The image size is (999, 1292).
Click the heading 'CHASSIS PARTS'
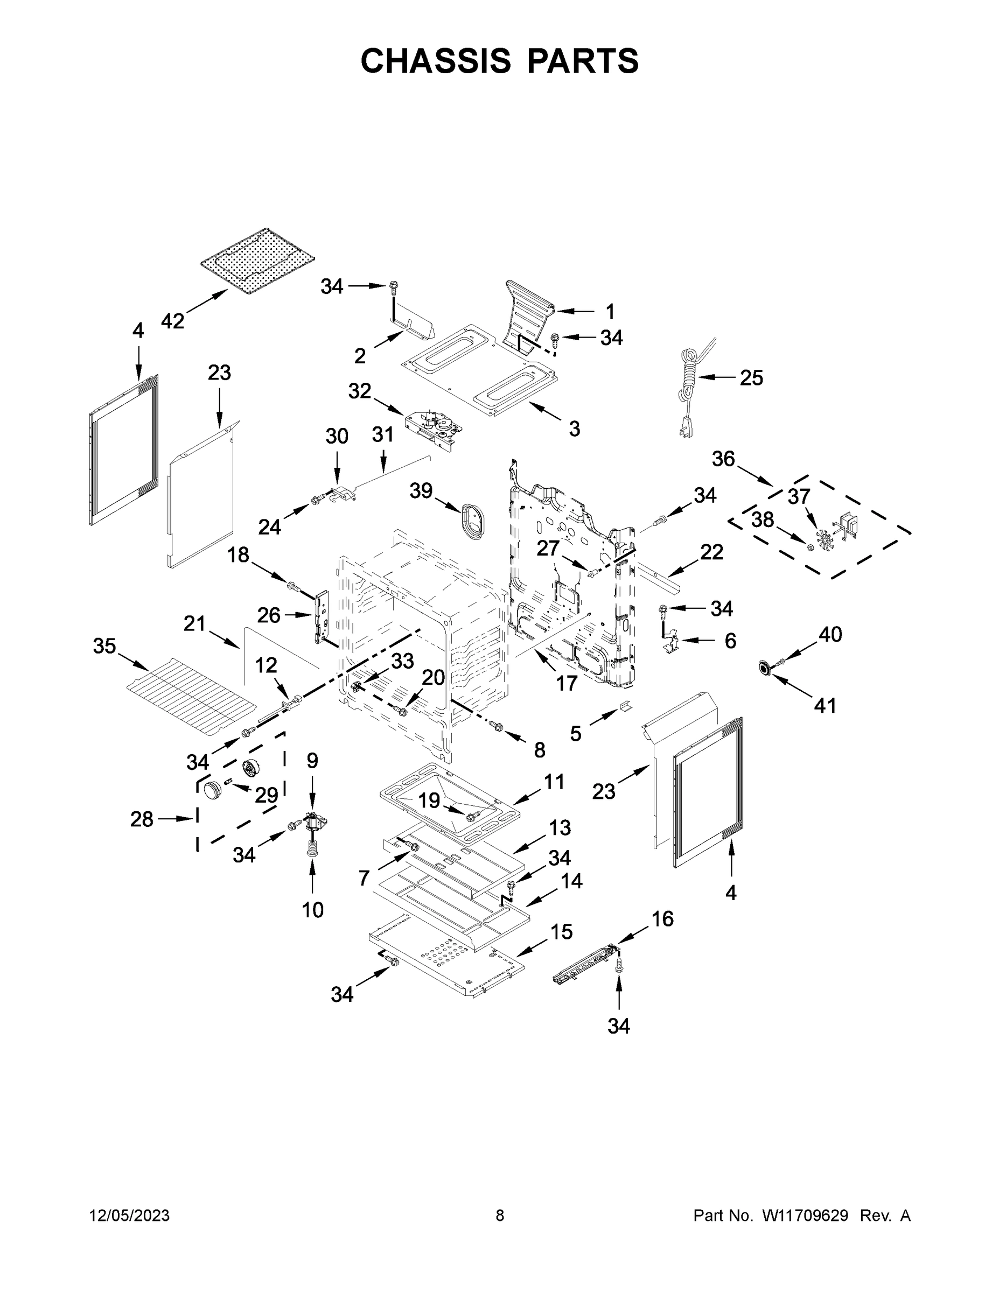coord(500,61)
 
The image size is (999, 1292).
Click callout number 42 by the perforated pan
coord(173,321)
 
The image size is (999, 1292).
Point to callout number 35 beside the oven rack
coord(104,646)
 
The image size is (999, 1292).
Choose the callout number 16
coord(662,919)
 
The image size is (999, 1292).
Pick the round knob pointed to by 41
coord(765,668)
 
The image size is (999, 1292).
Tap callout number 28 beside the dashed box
coord(142,819)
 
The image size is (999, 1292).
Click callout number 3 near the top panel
coord(574,429)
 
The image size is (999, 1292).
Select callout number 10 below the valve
coord(312,910)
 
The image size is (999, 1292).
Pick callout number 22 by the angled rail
coord(711,552)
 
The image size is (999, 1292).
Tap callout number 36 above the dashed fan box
coord(723,459)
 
